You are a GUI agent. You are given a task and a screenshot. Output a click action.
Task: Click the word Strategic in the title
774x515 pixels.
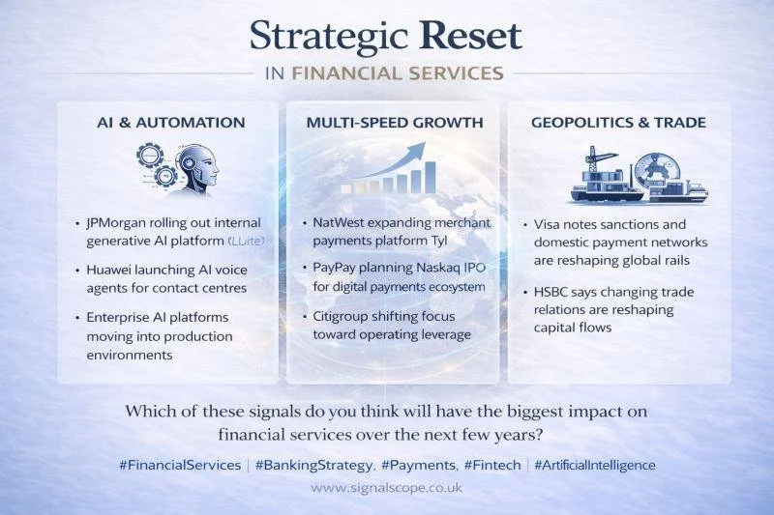[324, 36]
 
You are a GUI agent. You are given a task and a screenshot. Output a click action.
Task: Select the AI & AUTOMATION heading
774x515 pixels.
[171, 123]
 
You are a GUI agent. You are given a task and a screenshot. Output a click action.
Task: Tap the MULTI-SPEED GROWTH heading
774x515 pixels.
[394, 123]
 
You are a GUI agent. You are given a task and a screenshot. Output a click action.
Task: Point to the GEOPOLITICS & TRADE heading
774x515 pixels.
[618, 123]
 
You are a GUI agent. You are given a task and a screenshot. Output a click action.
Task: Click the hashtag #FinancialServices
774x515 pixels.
[180, 465]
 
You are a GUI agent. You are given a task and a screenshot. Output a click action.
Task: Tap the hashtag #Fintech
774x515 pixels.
[494, 465]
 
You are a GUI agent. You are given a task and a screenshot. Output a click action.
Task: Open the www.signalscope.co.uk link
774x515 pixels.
[386, 488]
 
